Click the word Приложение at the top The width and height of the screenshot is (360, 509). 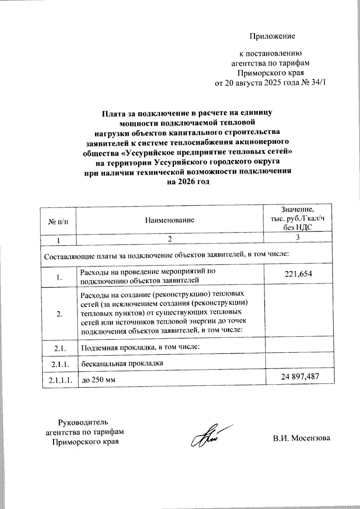click(272, 36)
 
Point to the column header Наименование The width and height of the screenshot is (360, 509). click(169, 220)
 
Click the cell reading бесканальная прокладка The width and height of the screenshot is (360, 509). click(122, 363)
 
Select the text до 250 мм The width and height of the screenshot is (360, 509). click(99, 380)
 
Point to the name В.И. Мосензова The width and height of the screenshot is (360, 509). click(301, 438)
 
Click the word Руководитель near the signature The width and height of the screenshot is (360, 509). click(83, 422)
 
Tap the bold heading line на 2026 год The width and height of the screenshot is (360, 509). click(188, 182)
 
